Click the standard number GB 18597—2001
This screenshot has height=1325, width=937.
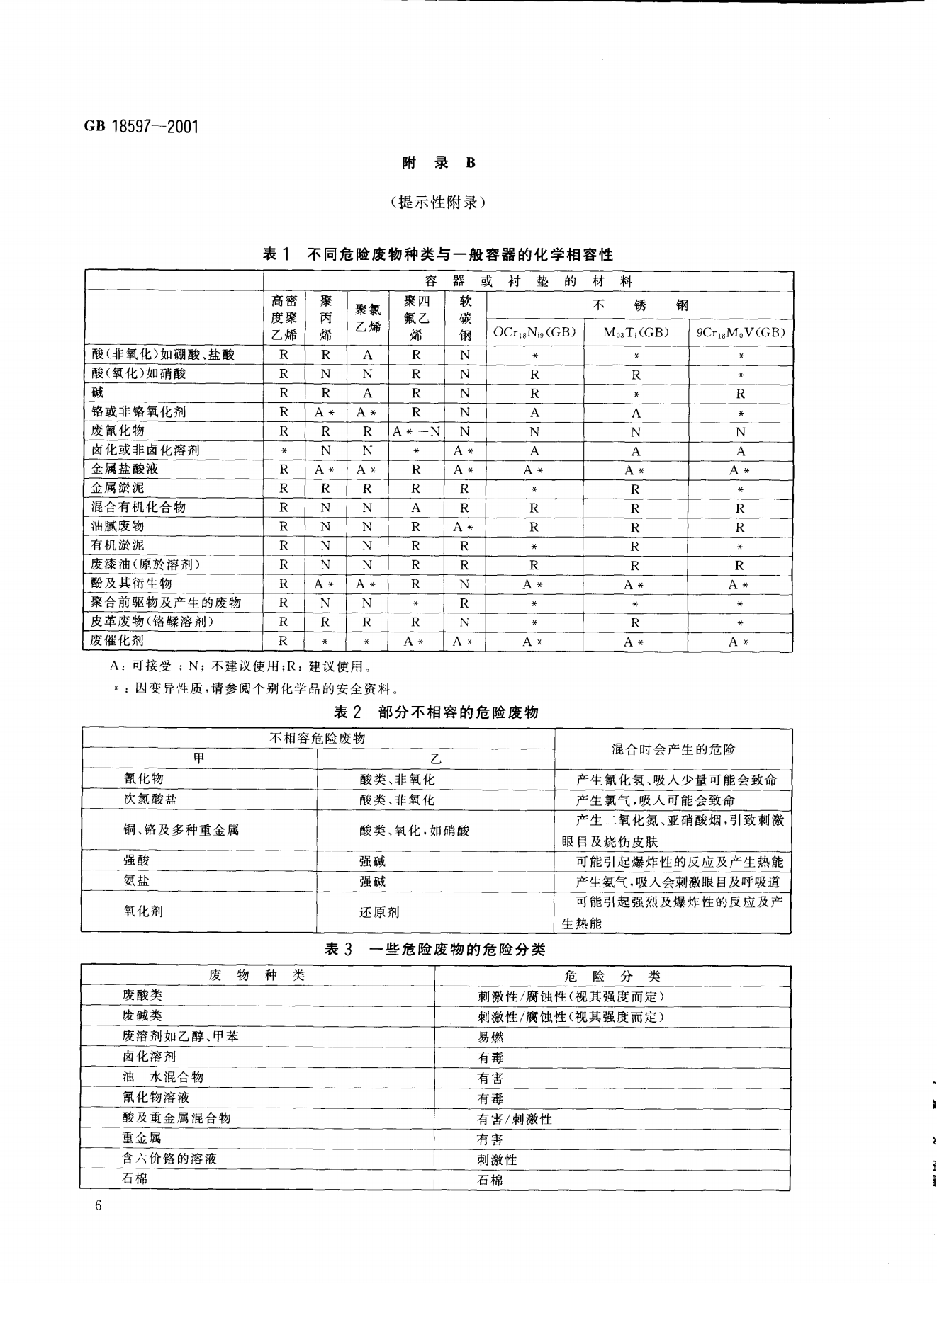click(142, 127)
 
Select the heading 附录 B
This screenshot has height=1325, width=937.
click(439, 163)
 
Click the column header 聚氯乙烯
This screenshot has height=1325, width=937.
click(367, 318)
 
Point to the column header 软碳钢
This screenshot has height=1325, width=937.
click(465, 318)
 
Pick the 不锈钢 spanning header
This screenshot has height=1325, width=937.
click(639, 305)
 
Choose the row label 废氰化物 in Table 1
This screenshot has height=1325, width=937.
click(118, 431)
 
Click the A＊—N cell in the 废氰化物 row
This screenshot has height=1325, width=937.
click(416, 431)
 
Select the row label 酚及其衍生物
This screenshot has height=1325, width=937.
click(132, 584)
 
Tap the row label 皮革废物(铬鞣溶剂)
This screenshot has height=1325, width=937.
click(152, 622)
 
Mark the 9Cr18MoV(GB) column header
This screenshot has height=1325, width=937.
click(741, 332)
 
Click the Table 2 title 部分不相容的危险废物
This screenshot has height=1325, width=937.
click(436, 712)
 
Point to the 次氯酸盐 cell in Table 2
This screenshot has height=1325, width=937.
click(151, 800)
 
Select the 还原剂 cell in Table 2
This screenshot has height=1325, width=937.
click(379, 912)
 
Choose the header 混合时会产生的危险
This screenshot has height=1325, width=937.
click(673, 749)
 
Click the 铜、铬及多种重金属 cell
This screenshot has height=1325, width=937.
click(181, 830)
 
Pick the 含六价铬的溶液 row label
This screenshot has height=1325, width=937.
click(169, 1159)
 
